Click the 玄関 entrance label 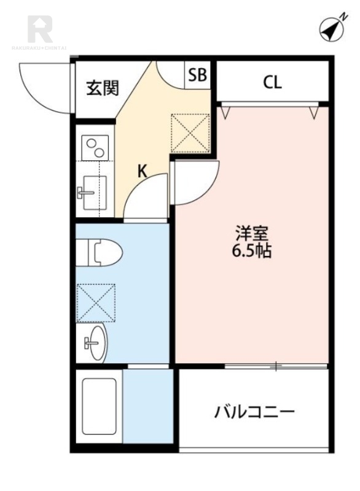101,88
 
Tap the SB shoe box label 197,75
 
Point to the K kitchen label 141,172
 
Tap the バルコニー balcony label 254,411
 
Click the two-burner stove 95,148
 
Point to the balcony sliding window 276,366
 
